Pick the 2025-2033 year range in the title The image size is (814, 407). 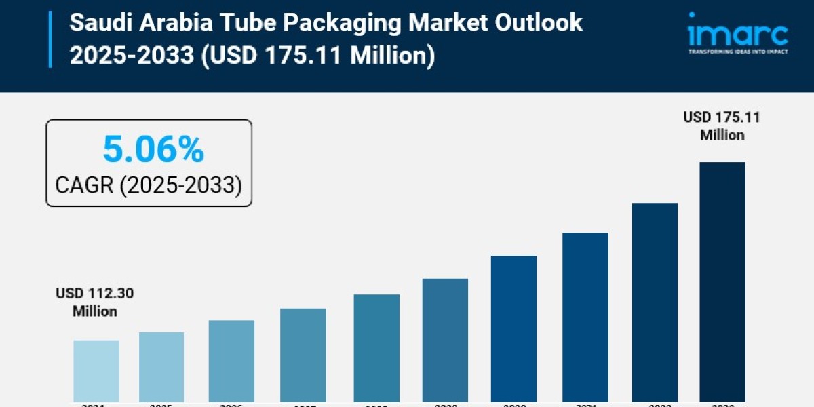(132, 55)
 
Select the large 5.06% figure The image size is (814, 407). (153, 150)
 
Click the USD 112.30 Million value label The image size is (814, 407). (95, 303)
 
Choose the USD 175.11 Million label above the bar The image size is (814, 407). (722, 126)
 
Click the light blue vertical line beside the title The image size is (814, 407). (50, 39)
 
